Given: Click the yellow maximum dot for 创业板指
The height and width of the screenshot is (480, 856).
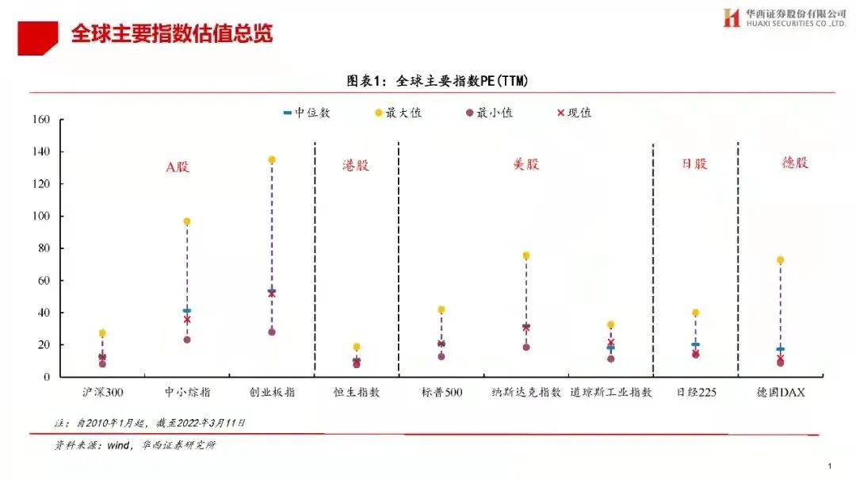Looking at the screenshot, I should pyautogui.click(x=272, y=159).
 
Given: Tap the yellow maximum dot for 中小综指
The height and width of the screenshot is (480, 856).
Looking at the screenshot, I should pyautogui.click(x=187, y=221).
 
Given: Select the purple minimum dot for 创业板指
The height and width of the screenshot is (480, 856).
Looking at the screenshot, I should pyautogui.click(x=272, y=332).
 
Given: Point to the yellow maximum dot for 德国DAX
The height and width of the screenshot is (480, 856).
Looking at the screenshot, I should pyautogui.click(x=780, y=260).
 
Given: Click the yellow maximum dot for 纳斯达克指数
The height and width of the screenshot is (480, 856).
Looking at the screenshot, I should pyautogui.click(x=525, y=255).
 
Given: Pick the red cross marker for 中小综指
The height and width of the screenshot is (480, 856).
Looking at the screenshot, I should pyautogui.click(x=187, y=320).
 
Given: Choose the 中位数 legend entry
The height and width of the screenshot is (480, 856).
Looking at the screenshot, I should pyautogui.click(x=307, y=113).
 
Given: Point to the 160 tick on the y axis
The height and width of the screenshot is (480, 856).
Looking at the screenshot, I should pyautogui.click(x=41, y=120).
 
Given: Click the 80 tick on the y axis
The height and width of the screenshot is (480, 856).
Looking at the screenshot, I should pyautogui.click(x=44, y=248).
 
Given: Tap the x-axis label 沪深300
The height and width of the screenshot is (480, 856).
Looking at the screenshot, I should pyautogui.click(x=102, y=392).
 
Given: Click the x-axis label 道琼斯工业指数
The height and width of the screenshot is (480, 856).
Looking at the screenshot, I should pyautogui.click(x=610, y=392).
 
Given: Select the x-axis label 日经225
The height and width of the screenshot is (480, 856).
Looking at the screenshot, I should pyautogui.click(x=695, y=392).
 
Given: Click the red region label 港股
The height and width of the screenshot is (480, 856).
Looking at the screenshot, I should pyautogui.click(x=356, y=166).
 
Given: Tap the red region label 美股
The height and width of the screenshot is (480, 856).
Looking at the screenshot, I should pyautogui.click(x=525, y=164).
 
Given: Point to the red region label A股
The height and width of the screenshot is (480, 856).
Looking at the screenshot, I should pyautogui.click(x=178, y=167).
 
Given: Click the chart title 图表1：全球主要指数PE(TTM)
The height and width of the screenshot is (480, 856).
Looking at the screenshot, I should pyautogui.click(x=437, y=81).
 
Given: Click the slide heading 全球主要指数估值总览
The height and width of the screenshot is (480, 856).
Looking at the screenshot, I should pyautogui.click(x=172, y=34).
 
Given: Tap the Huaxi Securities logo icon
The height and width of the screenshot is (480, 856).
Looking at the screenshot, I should pyautogui.click(x=731, y=17).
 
